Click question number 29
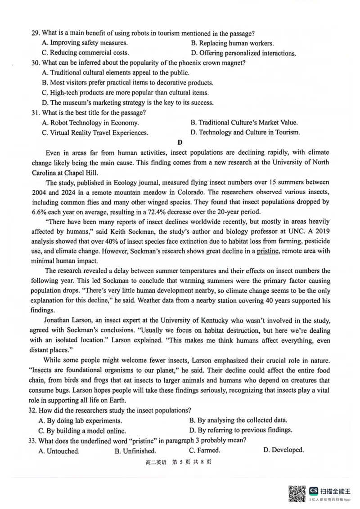[35, 33]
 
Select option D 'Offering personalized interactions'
[243, 53]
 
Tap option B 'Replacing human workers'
[232, 43]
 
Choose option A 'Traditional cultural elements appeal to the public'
[115, 73]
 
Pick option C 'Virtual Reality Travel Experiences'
[94, 133]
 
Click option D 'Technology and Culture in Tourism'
[245, 132]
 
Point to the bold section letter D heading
[180, 143]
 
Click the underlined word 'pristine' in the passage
[268, 251]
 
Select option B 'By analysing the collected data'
[238, 420]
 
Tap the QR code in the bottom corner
[297, 494]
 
